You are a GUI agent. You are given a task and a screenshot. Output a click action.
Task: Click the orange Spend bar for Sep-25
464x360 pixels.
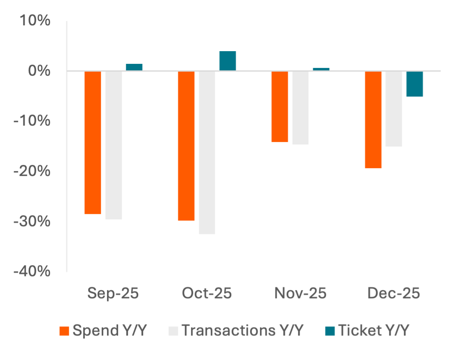(x=93, y=142)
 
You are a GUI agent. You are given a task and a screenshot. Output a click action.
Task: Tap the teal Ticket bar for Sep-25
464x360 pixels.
(x=134, y=67)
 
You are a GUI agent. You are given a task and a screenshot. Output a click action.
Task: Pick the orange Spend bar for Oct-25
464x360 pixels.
(x=187, y=146)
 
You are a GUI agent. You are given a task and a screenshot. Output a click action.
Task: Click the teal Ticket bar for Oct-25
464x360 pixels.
(x=228, y=61)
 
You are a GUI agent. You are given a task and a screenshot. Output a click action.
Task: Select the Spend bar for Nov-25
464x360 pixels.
(x=280, y=107)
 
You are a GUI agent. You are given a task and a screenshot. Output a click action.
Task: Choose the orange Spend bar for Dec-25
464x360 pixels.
(x=373, y=120)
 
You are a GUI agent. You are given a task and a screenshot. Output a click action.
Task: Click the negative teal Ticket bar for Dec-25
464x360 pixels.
(x=415, y=84)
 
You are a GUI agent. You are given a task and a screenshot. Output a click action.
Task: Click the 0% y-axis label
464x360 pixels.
(x=40, y=71)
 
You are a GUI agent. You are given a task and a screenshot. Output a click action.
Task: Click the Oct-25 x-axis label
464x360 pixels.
(x=207, y=294)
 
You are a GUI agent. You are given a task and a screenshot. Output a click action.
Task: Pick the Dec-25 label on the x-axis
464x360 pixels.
(x=394, y=294)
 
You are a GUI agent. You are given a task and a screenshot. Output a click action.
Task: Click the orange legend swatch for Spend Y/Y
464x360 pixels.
(x=65, y=331)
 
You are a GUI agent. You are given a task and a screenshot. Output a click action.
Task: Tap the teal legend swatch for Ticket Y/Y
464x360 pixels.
(x=331, y=331)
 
